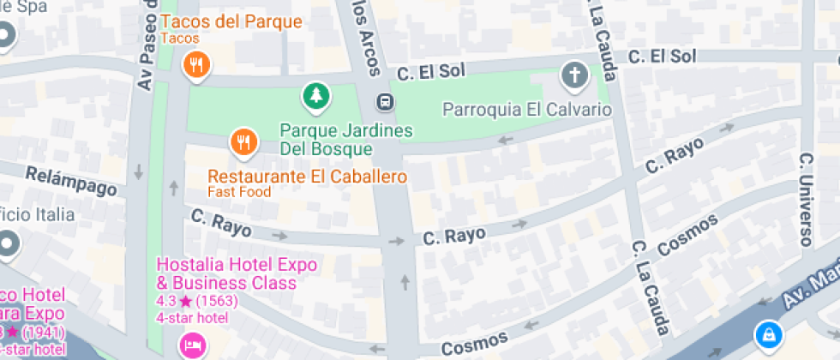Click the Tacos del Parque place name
231,21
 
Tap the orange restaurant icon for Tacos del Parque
197,64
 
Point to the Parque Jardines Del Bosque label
346,140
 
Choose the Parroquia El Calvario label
527,110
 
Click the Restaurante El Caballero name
307,177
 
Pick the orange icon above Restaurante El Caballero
244,142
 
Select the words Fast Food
239,192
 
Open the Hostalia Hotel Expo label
237,273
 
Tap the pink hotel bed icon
192,345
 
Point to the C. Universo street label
805,199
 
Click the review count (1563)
216,302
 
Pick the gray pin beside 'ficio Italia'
7,244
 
